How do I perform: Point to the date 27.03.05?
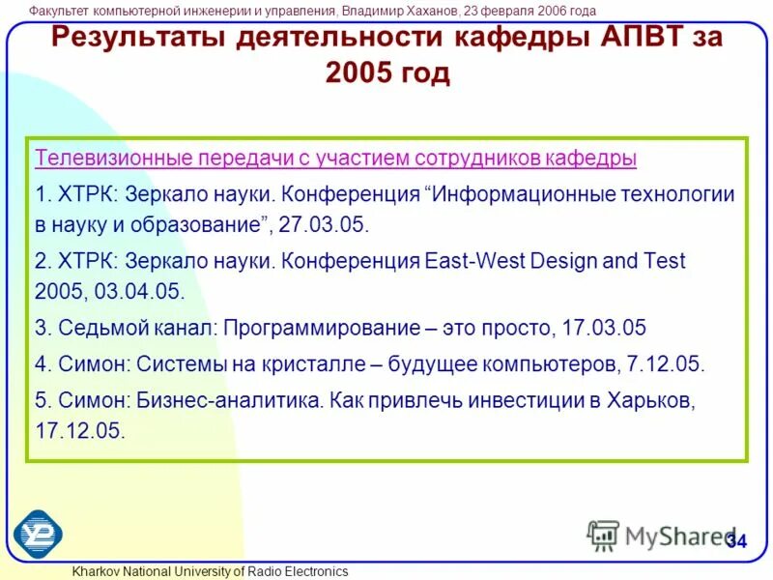pyautogui.click(x=324, y=224)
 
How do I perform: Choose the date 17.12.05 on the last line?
pyautogui.click(x=80, y=430)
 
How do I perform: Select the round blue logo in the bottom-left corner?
pyautogui.click(x=38, y=533)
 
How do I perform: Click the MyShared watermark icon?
pyautogui.click(x=603, y=535)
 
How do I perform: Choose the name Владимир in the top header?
pyautogui.click(x=379, y=11)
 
